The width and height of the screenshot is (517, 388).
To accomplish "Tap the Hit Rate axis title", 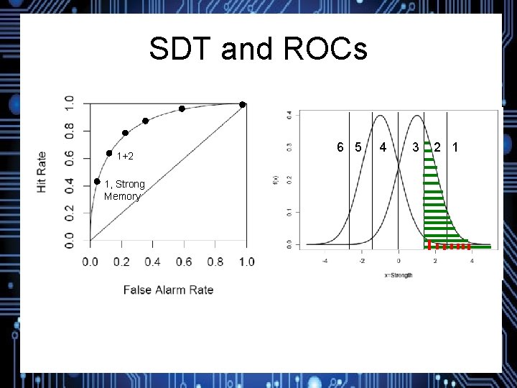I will point(42,171).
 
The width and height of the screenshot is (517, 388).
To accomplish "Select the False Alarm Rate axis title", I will point(168,290).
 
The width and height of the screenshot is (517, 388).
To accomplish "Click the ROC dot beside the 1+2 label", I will point(109,153).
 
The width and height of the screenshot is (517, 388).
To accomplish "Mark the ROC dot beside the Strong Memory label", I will point(97,182).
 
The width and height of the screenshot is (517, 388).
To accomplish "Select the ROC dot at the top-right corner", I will point(243,105).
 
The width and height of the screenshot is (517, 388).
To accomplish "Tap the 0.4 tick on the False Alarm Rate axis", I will point(152,262).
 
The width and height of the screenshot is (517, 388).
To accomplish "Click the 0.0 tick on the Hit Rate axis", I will point(70,236).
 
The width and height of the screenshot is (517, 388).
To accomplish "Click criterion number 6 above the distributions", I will point(340,148).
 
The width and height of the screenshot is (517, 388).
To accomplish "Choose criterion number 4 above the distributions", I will point(383,148).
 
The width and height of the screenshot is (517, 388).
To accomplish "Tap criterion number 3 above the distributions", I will point(416,148).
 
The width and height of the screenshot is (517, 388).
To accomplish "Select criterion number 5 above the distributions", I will point(357,148).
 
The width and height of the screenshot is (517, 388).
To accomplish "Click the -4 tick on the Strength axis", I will point(325,262).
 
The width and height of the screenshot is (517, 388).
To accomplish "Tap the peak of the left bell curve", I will point(381,116).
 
